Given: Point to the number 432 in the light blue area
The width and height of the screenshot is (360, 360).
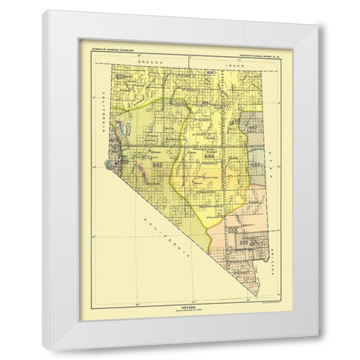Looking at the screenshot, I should pos(256,162).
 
